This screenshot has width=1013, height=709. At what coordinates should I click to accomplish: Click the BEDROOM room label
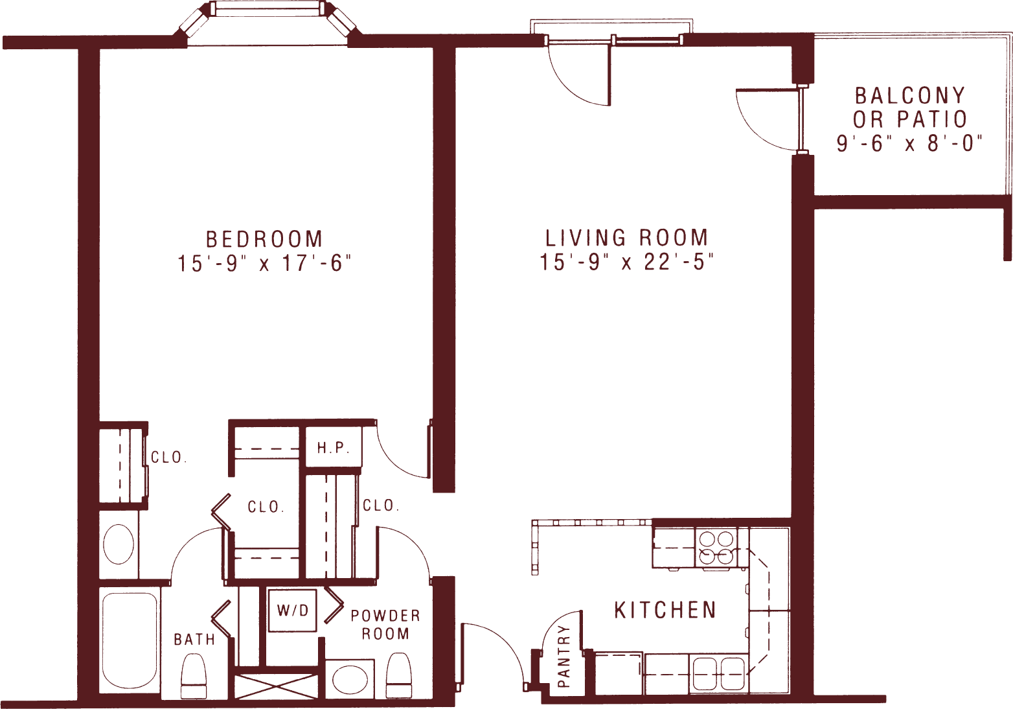264,239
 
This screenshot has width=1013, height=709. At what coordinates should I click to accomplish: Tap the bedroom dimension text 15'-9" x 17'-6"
264,264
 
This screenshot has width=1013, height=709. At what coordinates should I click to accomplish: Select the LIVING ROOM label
626,238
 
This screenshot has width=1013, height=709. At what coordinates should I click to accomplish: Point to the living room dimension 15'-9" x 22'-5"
626,262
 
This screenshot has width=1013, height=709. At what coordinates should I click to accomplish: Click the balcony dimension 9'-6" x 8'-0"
909,143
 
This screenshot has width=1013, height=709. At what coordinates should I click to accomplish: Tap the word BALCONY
910,96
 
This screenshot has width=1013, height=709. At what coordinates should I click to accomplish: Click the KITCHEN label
665,610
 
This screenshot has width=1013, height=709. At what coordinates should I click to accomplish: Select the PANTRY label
563,656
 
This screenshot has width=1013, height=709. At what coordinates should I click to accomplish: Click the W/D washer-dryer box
293,610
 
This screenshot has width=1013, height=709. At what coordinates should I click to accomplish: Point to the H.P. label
333,447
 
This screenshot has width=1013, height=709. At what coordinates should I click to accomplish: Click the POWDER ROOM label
385,624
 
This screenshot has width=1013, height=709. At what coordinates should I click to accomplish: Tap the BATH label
194,640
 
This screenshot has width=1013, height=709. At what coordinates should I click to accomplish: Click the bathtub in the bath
130,639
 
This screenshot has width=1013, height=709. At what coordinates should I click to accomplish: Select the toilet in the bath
193,676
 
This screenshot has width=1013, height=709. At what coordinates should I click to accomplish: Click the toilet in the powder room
398,675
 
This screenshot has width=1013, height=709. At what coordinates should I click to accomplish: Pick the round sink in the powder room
350,679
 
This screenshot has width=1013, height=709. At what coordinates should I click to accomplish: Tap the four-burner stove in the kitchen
716,548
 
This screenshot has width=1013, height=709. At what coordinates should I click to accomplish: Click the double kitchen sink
719,674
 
